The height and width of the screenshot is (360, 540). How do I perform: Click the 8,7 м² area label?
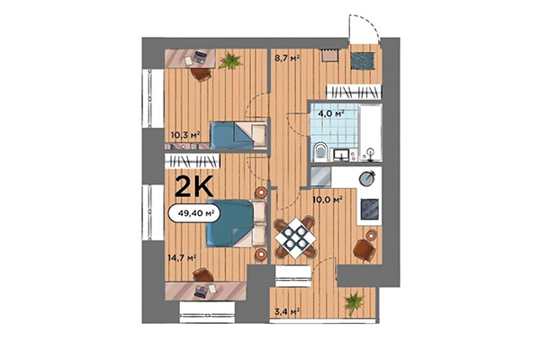pos(287,58)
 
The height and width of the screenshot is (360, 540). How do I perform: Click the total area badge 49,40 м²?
pos(194,213)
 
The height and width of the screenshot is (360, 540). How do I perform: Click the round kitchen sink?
pos(367,177)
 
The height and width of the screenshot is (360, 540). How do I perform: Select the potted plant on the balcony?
pos(354,300)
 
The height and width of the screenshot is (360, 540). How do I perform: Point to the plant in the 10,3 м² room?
pos(230,61)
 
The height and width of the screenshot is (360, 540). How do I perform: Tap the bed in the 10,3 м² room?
pos(238,136)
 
